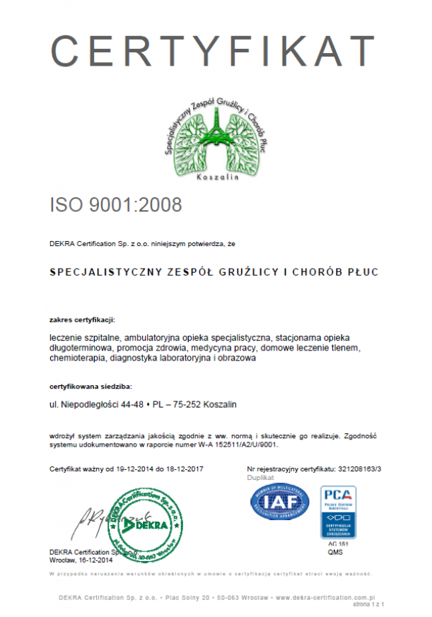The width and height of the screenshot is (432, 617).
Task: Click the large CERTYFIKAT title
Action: [x=213, y=51]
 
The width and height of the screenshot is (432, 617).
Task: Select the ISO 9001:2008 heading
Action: [x=116, y=205]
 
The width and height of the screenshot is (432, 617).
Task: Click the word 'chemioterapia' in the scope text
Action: [x=77, y=358]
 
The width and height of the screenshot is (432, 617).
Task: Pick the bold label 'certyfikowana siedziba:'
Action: [x=91, y=387]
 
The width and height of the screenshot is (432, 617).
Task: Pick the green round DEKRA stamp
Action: [x=145, y=526]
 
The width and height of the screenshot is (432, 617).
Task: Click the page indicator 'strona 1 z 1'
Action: [x=368, y=606]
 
